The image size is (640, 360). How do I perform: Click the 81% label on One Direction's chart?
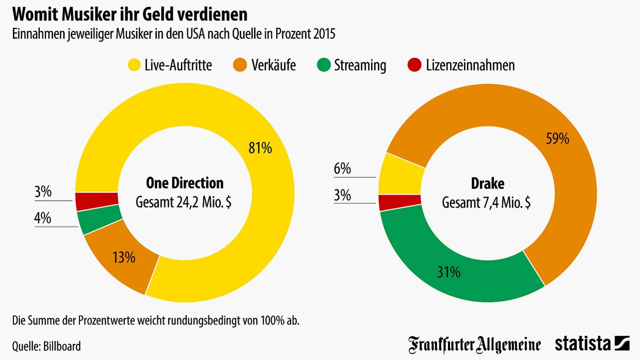tap(260, 149)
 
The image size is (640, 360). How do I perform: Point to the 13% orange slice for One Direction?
tap(124, 256)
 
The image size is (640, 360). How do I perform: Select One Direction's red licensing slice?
tap(97, 201)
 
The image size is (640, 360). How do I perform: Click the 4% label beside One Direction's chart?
tap(42, 218)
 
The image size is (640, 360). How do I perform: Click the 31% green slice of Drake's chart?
tap(449, 272)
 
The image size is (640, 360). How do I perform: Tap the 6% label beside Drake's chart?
tap(342, 169)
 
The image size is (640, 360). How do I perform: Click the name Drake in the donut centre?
tap(487, 184)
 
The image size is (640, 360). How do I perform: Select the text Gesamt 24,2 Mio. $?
tap(183, 202)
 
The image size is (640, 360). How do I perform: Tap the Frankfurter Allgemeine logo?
tap(474, 344)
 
